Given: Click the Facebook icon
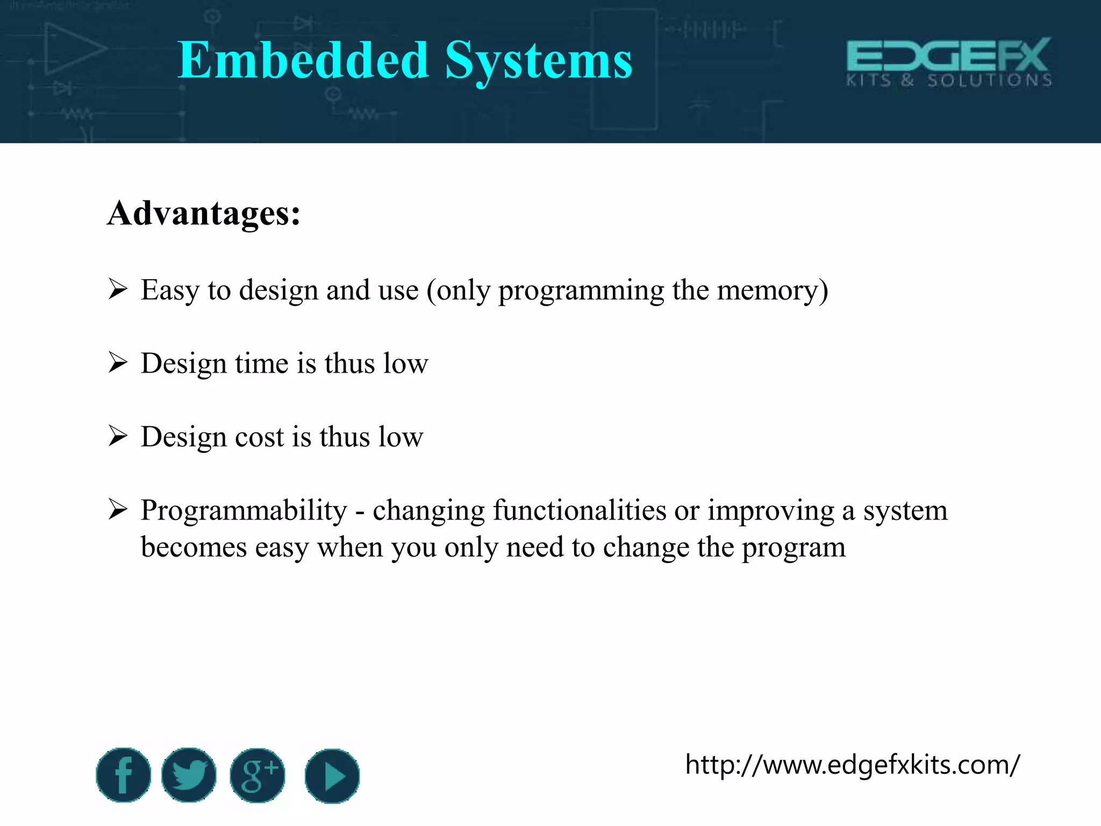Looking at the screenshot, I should tap(123, 775).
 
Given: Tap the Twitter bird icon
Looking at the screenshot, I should tap(189, 775).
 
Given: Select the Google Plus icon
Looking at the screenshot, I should tap(258, 775).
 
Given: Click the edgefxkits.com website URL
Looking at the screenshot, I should tap(852, 764).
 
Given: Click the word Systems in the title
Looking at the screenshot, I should tap(539, 61).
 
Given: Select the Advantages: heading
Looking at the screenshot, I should tap(204, 213).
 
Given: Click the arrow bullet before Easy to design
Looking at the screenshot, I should tap(118, 289).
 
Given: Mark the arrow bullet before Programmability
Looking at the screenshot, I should tap(118, 509).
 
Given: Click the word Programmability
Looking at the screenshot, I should tap(244, 510).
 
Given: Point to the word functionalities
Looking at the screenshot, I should tap(580, 510).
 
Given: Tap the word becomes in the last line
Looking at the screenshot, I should tap(194, 547).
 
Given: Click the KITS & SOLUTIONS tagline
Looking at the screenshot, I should tap(949, 81).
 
